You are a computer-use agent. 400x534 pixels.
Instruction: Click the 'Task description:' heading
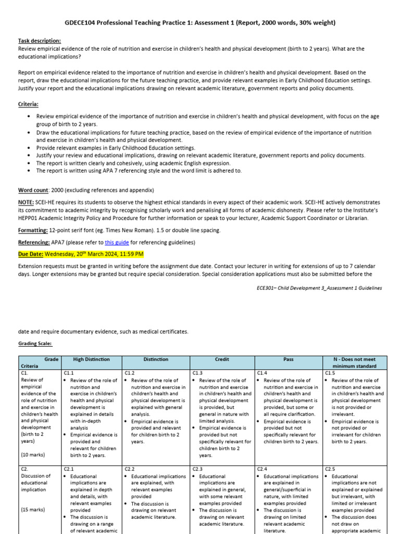click(40, 41)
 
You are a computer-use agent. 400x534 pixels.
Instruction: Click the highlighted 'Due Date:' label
click(31, 254)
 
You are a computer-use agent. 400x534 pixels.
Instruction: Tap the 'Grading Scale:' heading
click(35, 344)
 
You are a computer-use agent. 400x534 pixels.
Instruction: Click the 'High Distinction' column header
click(91, 359)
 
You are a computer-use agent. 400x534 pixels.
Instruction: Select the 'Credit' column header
click(222, 359)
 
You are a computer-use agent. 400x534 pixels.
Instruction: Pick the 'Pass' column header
click(288, 359)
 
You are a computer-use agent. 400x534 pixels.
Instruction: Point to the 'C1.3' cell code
click(197, 373)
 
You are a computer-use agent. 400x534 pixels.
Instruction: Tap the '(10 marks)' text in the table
click(33, 455)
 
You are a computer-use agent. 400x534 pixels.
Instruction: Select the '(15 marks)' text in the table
click(33, 509)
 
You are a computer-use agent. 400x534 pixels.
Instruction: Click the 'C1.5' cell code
click(330, 373)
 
